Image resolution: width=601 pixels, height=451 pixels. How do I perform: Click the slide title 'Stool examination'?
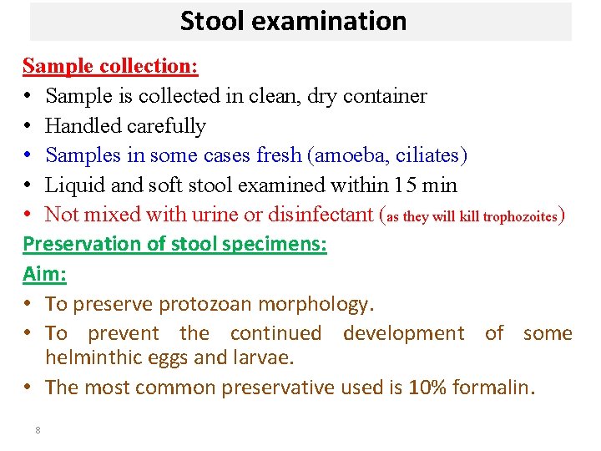pos(293,21)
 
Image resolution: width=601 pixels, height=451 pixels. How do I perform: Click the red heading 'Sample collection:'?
pos(110,66)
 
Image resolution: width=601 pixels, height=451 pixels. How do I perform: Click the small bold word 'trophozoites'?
pos(517,217)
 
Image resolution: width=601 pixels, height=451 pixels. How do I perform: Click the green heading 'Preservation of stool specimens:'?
pos(174,244)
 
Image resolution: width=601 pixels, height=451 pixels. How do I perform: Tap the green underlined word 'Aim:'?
pos(44,273)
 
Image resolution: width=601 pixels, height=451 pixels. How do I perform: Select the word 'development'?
pos(403,333)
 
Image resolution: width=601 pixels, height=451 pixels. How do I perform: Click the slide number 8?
pos(38,430)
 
